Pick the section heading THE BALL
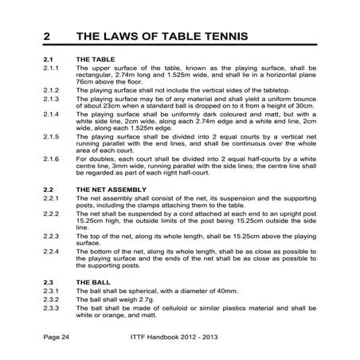(92, 283)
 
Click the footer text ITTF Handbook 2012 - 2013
(179, 337)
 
